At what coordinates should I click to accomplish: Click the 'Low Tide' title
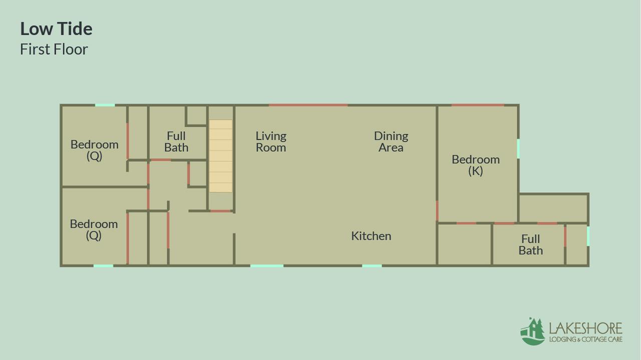pos(57,29)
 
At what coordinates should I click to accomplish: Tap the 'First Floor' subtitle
pos(54,49)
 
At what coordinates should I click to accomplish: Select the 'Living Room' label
pos(271,142)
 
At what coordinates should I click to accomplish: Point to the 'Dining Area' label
pos(391,142)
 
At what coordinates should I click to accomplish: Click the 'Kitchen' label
pos(371,236)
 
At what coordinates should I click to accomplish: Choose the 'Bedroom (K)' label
pos(476,165)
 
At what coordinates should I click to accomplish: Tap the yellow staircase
pos(221,156)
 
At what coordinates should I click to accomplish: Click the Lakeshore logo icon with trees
pos(532,331)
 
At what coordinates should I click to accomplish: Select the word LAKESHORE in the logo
pos(585,328)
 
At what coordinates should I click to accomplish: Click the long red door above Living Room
pos(308,105)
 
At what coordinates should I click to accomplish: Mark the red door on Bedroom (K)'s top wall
pos(478,105)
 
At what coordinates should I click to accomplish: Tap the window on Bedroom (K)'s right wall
pos(518,148)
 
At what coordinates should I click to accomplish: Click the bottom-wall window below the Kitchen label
pos(372,266)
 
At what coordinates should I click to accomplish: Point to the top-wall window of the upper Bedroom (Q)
pos(105,105)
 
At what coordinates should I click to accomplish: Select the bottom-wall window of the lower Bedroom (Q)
pos(103,266)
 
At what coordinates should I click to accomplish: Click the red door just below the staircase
pos(221,211)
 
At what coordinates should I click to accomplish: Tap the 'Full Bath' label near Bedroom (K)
pos(530,245)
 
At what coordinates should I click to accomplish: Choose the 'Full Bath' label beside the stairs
pos(176,142)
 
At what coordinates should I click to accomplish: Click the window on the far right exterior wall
pos(588,236)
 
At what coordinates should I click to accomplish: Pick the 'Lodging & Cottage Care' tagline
pos(586,339)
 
